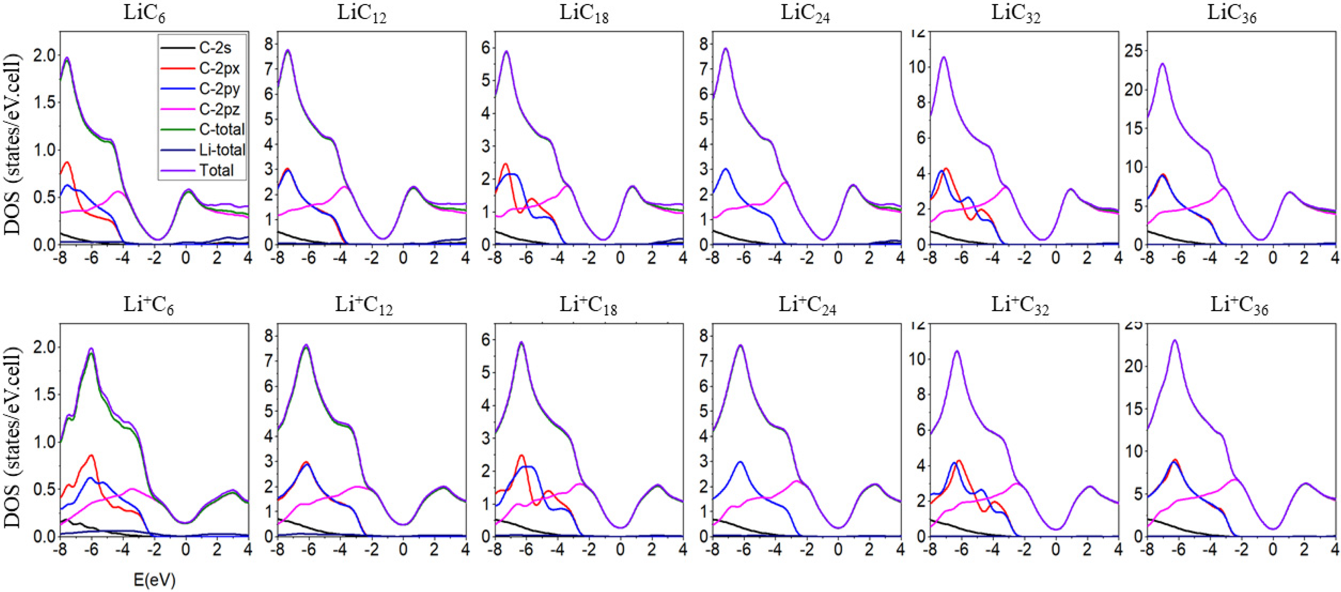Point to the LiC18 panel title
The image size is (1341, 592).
pos(584,14)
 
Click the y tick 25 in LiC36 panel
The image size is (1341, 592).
pos(1134,51)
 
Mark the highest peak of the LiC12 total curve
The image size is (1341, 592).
pos(287,50)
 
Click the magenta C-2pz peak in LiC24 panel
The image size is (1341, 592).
pos(785,182)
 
